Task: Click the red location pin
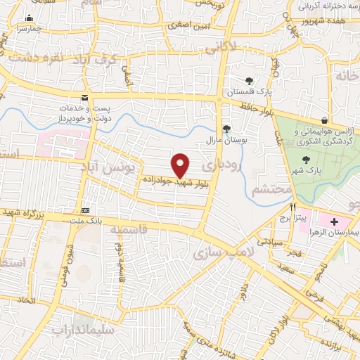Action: pyautogui.click(x=181, y=165)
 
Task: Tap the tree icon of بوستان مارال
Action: pyautogui.click(x=226, y=128)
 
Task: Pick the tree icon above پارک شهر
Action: pyautogui.click(x=305, y=159)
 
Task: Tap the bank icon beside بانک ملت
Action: pyautogui.click(x=86, y=210)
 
